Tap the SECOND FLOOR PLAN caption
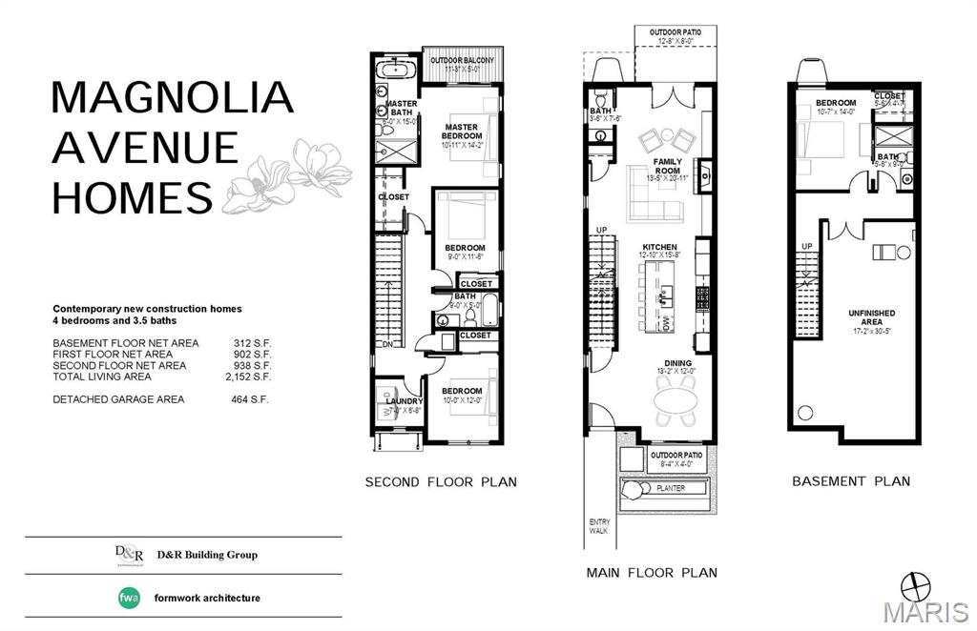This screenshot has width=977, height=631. point(441,482)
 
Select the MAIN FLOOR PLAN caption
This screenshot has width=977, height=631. point(652,573)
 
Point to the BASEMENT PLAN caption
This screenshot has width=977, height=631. point(851,481)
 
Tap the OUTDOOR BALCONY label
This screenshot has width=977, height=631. point(463,61)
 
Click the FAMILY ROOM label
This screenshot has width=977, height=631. point(667,167)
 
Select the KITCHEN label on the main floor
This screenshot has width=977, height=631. point(659,247)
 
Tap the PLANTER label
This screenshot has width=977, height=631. point(671,488)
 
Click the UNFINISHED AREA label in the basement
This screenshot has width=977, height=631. point(871,316)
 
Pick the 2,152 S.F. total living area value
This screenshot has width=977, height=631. point(252,377)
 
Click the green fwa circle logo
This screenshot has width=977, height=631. point(129,598)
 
